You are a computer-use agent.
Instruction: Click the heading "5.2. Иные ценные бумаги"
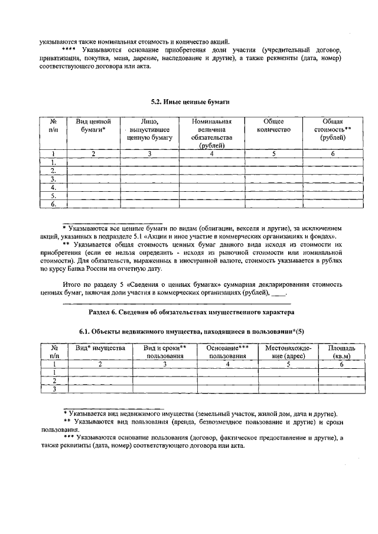(x=188, y=101)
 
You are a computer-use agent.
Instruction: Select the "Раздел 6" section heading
(x=188, y=311)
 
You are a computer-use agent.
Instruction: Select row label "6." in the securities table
(x=53, y=204)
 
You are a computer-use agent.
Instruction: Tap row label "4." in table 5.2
(x=53, y=187)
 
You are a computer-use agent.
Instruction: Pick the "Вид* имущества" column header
(x=100, y=348)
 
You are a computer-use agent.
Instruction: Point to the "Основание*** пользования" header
(x=227, y=352)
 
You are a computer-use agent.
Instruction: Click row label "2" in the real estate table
(x=54, y=381)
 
